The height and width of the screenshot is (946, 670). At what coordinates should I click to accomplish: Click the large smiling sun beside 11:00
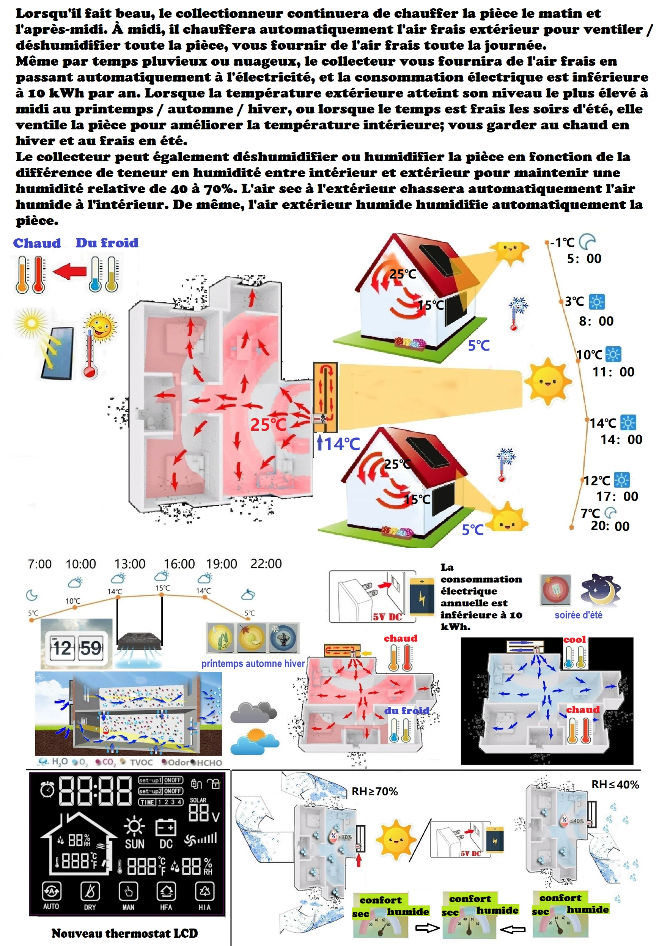coord(547,382)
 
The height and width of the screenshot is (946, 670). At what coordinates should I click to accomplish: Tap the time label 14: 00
coord(621,439)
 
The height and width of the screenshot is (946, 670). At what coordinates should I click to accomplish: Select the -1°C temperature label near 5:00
coord(562,242)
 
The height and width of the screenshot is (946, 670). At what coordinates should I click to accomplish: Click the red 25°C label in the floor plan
coord(268,425)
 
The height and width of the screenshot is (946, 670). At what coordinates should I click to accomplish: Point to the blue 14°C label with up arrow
coord(338,444)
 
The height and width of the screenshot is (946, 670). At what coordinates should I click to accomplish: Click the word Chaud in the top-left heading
coord(37,243)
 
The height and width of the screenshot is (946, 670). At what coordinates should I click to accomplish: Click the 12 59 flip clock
coord(77,648)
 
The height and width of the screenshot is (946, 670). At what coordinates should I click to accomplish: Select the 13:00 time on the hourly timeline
coord(130,564)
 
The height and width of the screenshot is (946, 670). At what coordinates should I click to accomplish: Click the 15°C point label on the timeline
coord(162,588)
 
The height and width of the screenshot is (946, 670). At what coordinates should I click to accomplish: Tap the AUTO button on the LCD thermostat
coord(51,896)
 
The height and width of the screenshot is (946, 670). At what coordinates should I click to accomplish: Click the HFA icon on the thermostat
coord(166,896)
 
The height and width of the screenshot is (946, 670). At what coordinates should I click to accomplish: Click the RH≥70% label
coord(374,791)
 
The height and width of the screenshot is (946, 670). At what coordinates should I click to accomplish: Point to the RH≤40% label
coord(615,784)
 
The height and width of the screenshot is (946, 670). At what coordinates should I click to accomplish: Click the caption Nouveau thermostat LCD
coord(124,933)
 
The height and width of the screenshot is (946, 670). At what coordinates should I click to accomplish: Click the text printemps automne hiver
coord(253,663)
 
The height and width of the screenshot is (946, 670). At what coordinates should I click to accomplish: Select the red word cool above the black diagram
coord(575,639)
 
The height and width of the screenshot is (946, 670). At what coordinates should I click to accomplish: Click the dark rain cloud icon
coord(253,713)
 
